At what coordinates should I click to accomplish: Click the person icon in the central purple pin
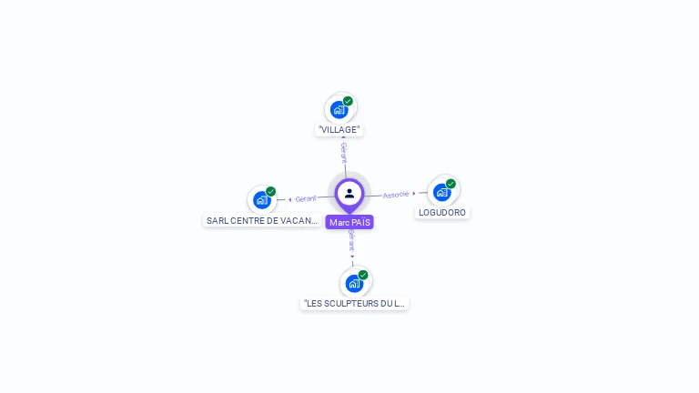(x=349, y=193)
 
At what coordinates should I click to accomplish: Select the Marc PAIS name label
(x=349, y=222)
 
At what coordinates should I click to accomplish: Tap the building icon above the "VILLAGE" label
(x=339, y=109)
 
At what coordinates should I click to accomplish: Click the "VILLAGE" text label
(x=339, y=129)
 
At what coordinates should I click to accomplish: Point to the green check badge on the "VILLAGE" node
(x=348, y=101)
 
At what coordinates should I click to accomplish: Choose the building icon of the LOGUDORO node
(x=442, y=192)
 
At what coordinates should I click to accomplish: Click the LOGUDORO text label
(x=442, y=212)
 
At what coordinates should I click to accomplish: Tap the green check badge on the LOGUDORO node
(x=451, y=184)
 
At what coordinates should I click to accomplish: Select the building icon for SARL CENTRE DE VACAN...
(x=262, y=200)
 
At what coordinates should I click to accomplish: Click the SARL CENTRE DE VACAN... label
(x=262, y=220)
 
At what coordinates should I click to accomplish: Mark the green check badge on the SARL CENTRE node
(x=270, y=192)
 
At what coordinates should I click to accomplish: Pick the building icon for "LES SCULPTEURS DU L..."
(x=354, y=283)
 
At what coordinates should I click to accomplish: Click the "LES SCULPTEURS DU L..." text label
(x=355, y=303)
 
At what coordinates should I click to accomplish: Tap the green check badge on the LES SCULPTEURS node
(x=363, y=275)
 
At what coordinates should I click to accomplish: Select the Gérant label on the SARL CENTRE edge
(x=306, y=198)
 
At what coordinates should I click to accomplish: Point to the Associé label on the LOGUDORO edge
(x=395, y=194)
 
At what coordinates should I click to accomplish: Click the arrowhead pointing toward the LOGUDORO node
(x=414, y=193)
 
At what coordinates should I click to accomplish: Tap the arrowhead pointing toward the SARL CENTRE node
(x=290, y=199)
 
